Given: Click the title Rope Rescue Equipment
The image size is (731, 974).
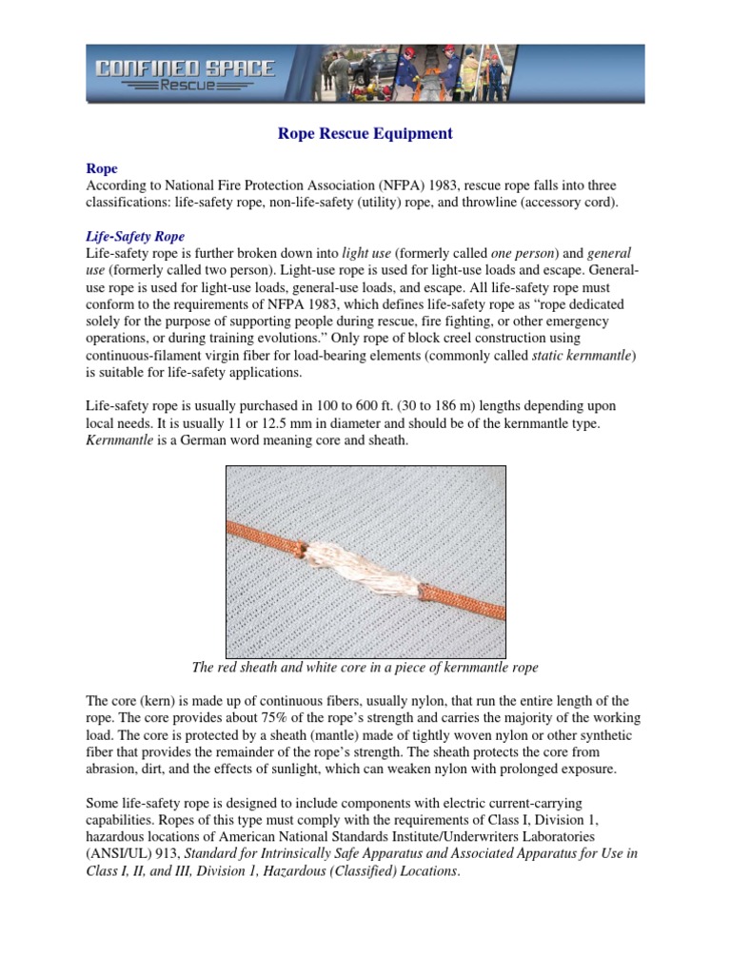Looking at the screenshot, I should pos(365,134).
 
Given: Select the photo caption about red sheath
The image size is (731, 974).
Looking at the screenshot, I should pos(365,668).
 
